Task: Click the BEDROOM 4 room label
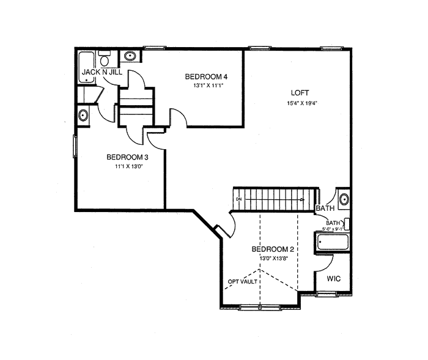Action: click(206, 76)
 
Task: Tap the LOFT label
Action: click(300, 93)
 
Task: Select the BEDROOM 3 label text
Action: click(127, 157)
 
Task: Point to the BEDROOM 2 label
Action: click(273, 249)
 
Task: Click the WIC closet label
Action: click(334, 279)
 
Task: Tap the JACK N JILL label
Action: click(102, 72)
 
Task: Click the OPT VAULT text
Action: click(243, 281)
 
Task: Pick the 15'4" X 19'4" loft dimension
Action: click(303, 103)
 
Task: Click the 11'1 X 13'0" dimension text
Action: click(129, 166)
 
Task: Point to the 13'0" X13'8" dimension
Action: click(274, 259)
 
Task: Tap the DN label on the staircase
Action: click(239, 199)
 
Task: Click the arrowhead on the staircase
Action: click(303, 199)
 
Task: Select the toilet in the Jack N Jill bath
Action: click(104, 59)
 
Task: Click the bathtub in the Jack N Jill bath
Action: click(86, 67)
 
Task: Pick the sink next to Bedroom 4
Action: click(130, 56)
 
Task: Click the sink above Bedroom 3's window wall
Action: click(83, 116)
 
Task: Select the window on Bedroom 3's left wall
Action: click(75, 146)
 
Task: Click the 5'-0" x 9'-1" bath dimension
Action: click(333, 229)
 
